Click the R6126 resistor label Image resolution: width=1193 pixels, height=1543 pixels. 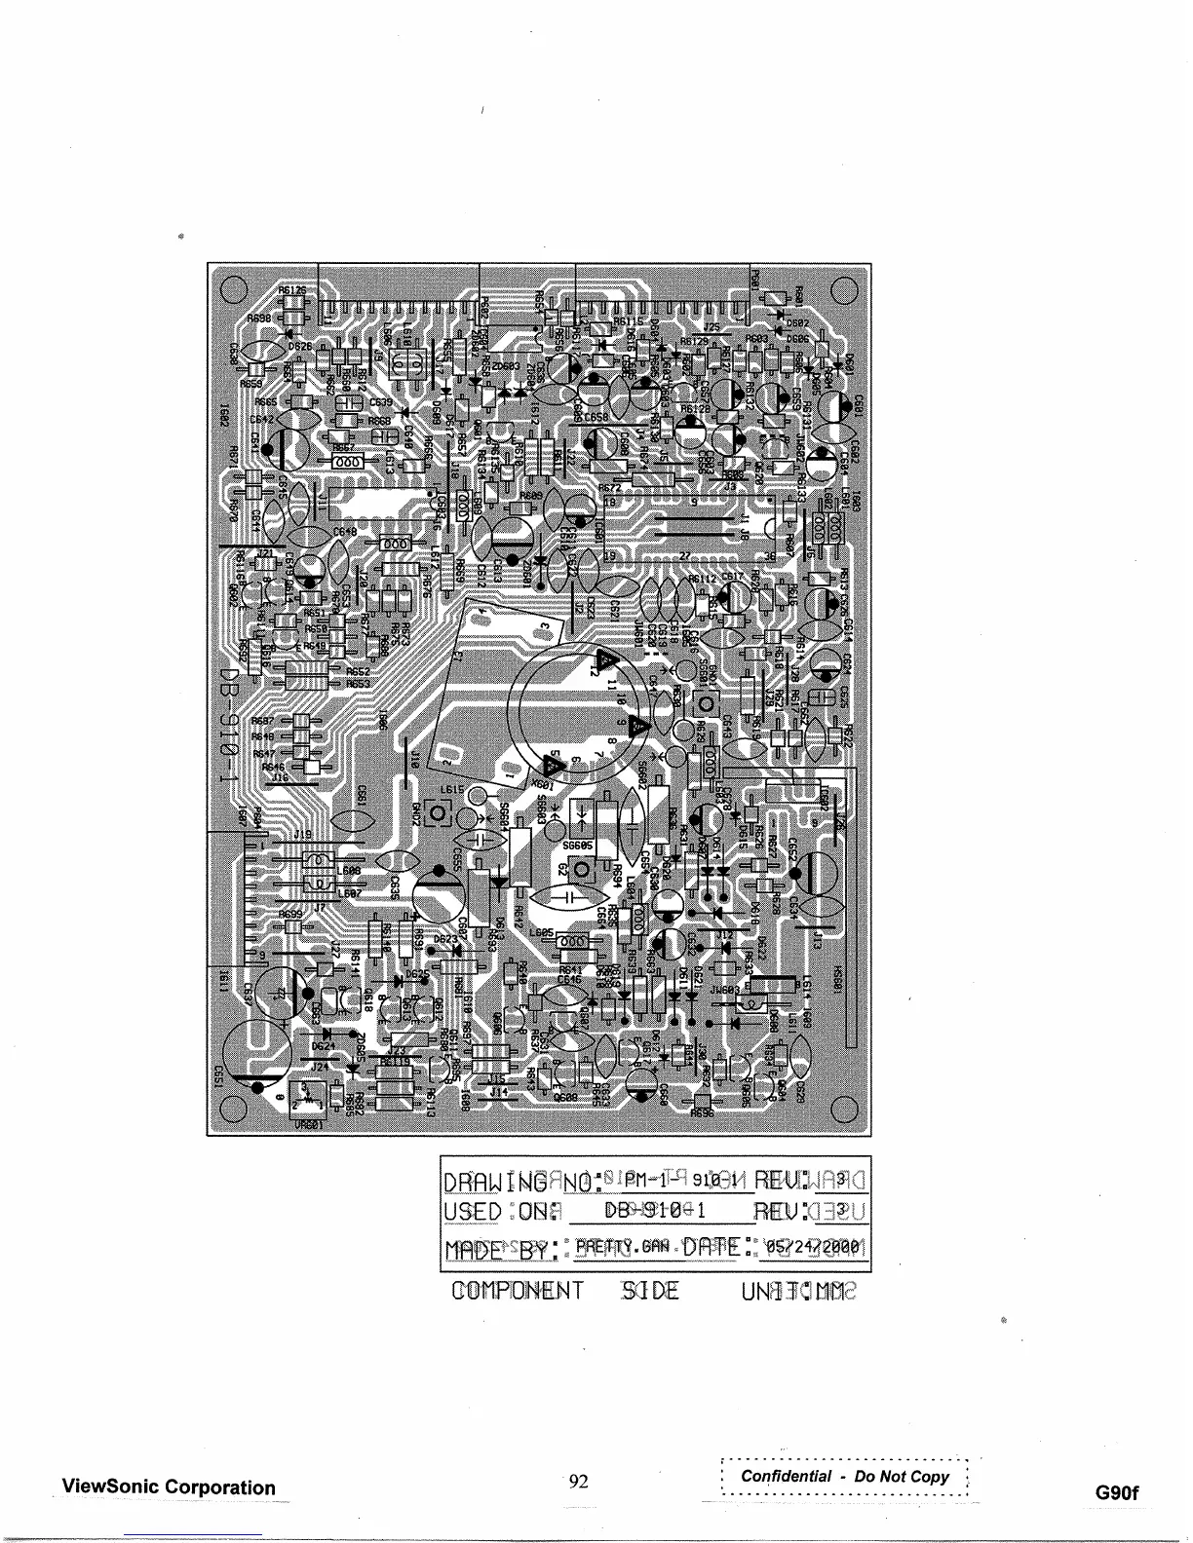tap(291, 289)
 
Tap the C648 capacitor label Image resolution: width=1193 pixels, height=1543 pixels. tap(345, 531)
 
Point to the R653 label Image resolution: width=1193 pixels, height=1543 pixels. tap(358, 684)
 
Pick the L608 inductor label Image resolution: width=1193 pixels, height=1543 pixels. tap(350, 870)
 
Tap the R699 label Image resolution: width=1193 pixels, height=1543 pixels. tap(290, 915)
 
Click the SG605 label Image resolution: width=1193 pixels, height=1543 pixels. tap(578, 846)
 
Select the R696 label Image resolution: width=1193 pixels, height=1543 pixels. tap(702, 1111)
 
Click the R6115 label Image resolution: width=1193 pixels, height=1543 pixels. tap(628, 320)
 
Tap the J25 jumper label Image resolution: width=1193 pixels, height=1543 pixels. tap(713, 328)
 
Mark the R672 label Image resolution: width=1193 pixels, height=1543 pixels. tap(610, 488)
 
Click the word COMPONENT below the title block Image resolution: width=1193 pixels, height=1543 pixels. tap(518, 1292)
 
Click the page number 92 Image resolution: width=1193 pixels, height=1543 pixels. tap(579, 1482)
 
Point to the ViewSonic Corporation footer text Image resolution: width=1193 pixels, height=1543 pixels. tap(169, 1487)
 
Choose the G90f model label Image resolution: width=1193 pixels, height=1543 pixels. tap(1117, 1493)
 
